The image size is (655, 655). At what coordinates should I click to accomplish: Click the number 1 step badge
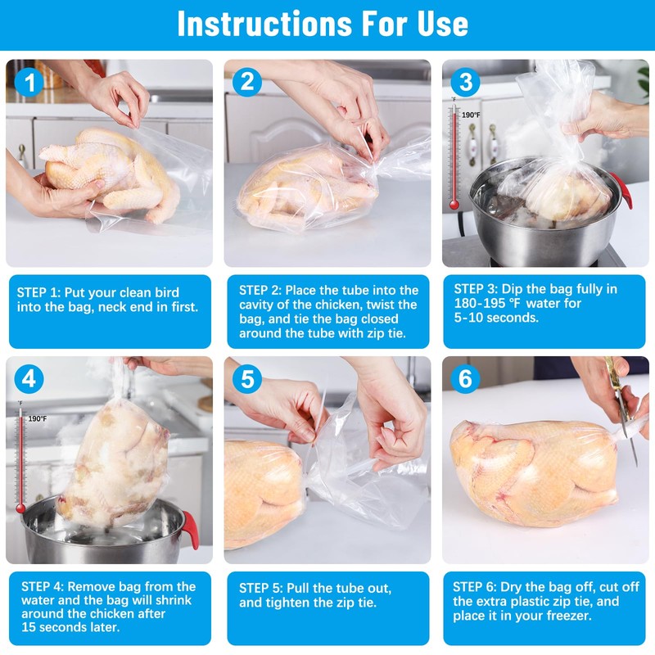[29, 83]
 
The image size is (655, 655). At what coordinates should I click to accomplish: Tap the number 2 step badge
[247, 81]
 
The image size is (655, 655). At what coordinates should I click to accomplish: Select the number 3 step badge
[465, 81]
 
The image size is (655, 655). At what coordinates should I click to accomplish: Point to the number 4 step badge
[29, 379]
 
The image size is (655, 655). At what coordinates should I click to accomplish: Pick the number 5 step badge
[247, 379]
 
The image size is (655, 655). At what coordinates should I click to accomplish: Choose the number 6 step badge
[465, 379]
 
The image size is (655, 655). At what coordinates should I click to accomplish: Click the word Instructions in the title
[264, 24]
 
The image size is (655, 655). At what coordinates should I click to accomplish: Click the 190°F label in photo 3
[471, 115]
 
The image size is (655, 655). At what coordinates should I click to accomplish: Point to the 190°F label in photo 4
[38, 418]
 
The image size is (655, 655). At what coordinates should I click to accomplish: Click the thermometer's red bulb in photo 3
[454, 205]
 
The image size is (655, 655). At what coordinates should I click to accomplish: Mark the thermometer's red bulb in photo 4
[20, 508]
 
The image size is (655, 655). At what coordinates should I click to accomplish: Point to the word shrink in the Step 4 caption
[173, 600]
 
